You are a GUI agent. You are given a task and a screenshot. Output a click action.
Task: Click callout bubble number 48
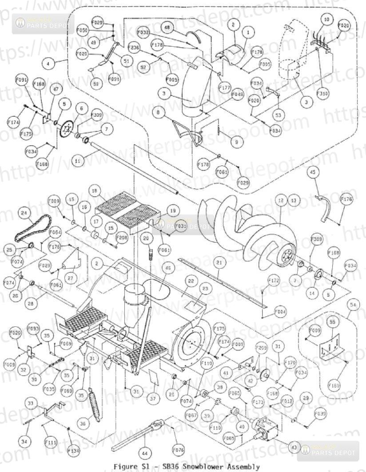click(167, 28)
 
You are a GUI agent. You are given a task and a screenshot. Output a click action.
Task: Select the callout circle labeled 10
click(326, 20)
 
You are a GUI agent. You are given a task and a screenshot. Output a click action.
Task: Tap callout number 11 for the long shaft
click(78, 161)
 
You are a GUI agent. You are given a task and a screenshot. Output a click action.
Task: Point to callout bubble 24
click(24, 213)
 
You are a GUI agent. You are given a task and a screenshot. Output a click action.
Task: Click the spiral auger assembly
click(249, 231)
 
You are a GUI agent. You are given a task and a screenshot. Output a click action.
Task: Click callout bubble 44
click(144, 453)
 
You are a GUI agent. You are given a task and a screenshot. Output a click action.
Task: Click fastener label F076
click(178, 449)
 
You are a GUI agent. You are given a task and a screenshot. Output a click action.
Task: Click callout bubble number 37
click(153, 399)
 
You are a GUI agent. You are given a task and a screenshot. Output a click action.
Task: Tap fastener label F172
click(274, 281)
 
